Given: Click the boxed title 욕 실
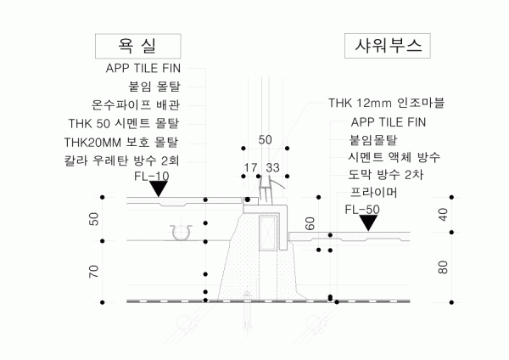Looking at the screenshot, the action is tap(138, 46).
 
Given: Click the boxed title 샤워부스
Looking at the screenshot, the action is tap(388, 46).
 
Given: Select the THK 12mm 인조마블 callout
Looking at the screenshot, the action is tap(386, 103).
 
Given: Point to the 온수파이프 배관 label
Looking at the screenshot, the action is tap(136, 105).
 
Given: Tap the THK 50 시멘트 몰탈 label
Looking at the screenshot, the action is tap(124, 123).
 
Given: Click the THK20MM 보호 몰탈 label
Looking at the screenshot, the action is tap(121, 143).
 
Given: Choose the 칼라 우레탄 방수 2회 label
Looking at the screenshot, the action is tap(121, 160).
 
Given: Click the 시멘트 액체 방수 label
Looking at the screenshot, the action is tap(394, 157).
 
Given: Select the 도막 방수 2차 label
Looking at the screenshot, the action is tap(386, 175).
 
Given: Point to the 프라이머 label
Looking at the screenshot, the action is tap(373, 193).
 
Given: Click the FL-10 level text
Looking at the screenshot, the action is tap(152, 176).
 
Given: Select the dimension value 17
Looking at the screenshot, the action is tap(250, 167).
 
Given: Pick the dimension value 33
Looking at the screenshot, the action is tap(272, 167).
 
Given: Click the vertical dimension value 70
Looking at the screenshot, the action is tap(93, 272).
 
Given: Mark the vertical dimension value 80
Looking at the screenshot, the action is tap(443, 267).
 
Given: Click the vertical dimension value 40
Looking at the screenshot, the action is tap(443, 215).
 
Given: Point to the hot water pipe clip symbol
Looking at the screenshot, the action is tap(181, 233).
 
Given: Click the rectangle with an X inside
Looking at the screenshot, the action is tap(268, 233).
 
